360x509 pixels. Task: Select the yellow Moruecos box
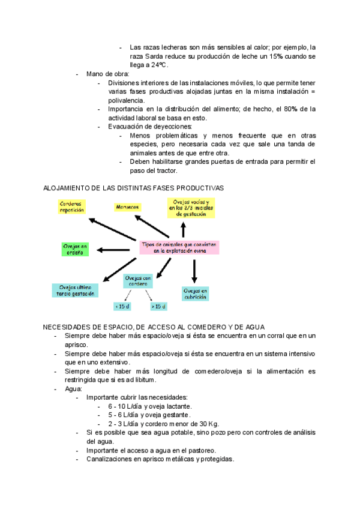click(127, 206)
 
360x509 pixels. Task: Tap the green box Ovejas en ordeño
click(76, 249)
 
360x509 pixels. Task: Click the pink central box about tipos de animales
click(179, 248)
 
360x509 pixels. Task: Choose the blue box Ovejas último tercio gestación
click(74, 290)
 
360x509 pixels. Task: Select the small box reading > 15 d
click(158, 306)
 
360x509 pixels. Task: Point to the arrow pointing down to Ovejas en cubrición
click(194, 271)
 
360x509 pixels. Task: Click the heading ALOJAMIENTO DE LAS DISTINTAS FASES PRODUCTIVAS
click(133, 188)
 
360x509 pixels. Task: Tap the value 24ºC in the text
click(158, 64)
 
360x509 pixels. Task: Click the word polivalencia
click(126, 100)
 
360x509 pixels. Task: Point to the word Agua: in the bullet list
click(74, 389)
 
